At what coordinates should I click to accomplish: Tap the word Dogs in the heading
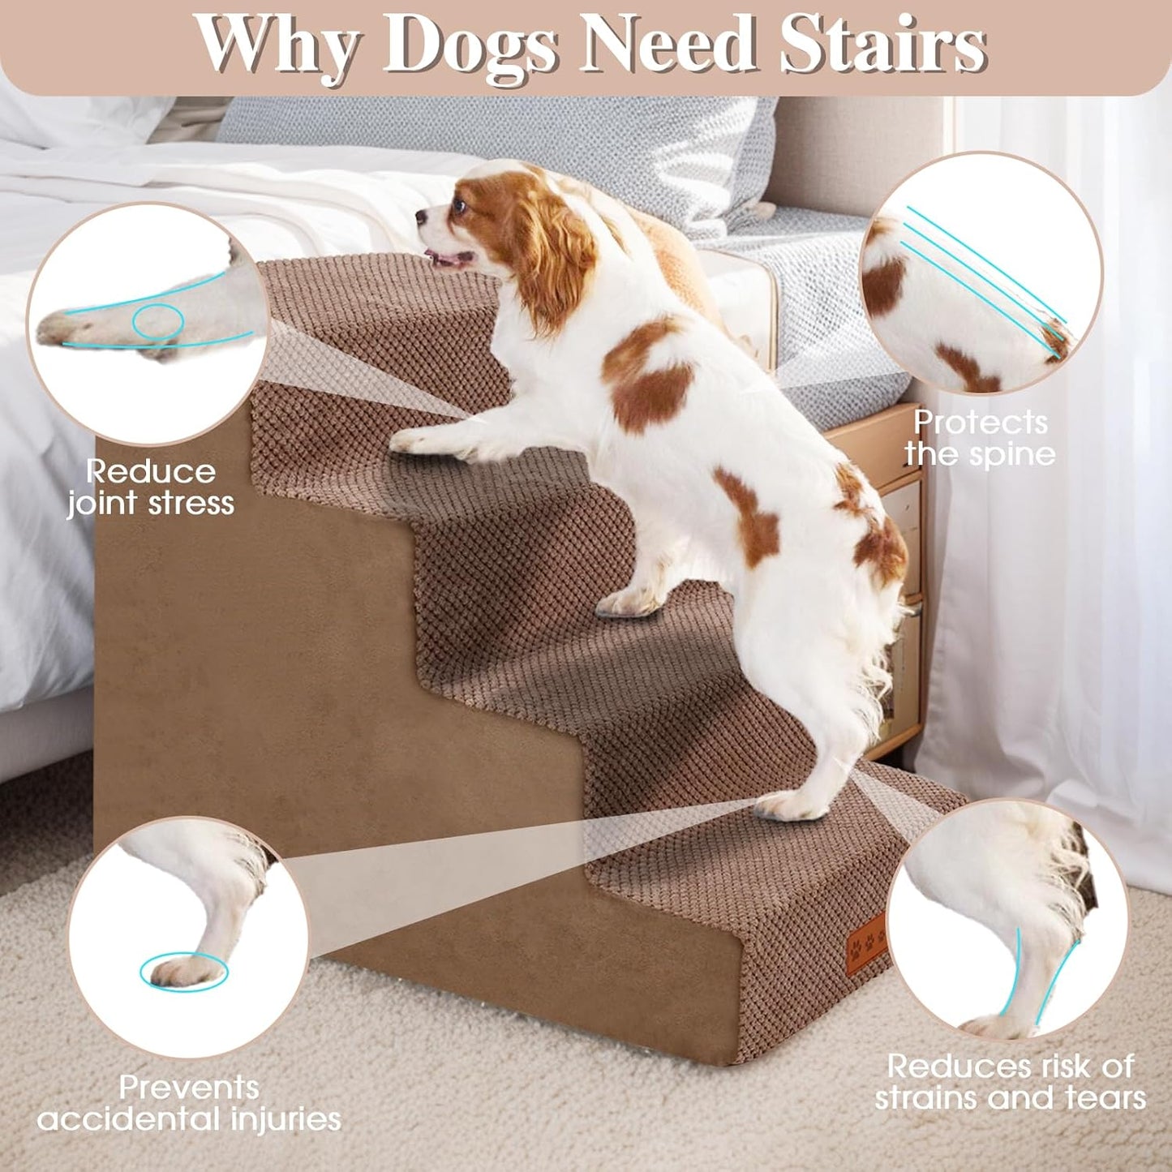pyautogui.click(x=470, y=46)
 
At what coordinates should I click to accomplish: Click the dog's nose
pyautogui.click(x=421, y=217)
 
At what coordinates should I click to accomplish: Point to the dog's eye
pyautogui.click(x=460, y=205)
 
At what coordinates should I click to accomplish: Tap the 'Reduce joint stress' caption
pyautogui.click(x=151, y=487)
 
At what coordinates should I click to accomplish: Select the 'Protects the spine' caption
pyautogui.click(x=980, y=438)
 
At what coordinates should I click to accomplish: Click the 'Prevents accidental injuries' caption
pyautogui.click(x=189, y=1103)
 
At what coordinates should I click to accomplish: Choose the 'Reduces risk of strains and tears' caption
pyautogui.click(x=1010, y=1082)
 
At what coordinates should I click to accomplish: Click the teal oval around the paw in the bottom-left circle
pyautogui.click(x=183, y=971)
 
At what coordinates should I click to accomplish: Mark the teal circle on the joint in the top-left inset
pyautogui.click(x=158, y=321)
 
